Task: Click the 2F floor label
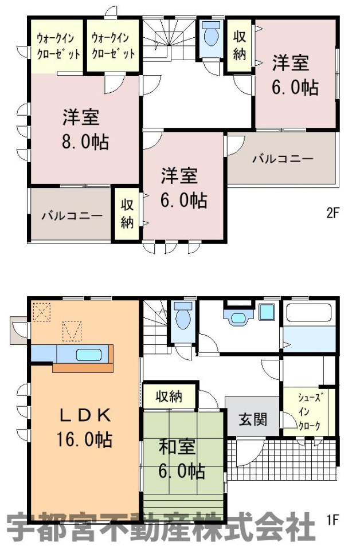point(333,213)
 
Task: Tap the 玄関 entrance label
point(253,419)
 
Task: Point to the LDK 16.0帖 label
point(85,427)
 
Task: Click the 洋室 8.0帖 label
point(85,129)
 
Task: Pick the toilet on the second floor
point(211,33)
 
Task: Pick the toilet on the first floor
point(182,315)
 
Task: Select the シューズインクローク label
point(309,412)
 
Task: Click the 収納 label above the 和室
point(169,396)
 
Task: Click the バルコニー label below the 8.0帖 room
point(72,215)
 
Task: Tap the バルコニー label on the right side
point(283,159)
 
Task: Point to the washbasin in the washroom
point(238,317)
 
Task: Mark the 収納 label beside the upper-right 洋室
point(239,46)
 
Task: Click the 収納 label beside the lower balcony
point(127,214)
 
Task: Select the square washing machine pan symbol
point(267,312)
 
